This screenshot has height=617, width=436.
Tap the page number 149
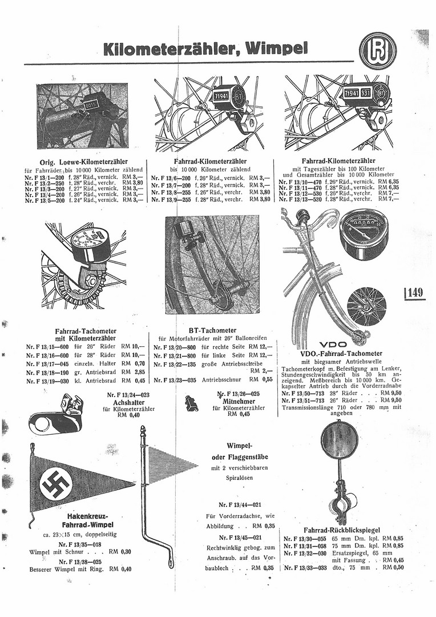pos(415,293)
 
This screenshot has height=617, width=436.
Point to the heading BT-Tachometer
pos(212,330)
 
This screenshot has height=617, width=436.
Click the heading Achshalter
pos(128,402)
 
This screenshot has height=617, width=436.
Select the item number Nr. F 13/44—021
pos(239,504)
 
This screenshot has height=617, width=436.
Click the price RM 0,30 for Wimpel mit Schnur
pos(120,551)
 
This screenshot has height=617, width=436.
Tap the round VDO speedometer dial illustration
pos(363,234)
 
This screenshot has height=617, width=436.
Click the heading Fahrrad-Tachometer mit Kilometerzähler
pos(86,335)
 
